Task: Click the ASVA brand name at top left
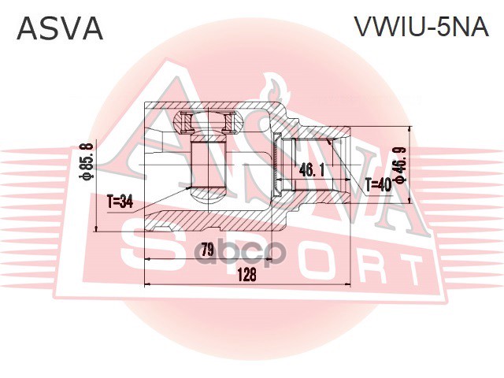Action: [60, 28]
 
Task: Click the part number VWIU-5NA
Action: [421, 28]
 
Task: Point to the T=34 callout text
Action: [120, 201]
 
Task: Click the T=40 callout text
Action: [377, 185]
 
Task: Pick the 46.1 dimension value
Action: [313, 169]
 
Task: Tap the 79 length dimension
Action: [207, 250]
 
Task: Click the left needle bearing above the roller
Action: [188, 122]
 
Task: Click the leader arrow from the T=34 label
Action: [165, 195]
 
